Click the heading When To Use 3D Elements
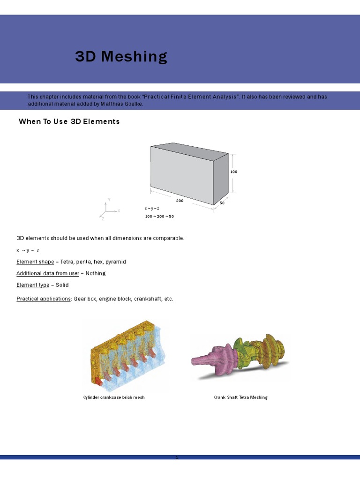click(x=69, y=121)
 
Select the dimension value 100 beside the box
click(x=234, y=172)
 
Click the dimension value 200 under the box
click(x=180, y=200)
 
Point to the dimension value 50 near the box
click(x=222, y=203)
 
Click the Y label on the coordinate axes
click(x=109, y=200)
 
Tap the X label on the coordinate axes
click(x=119, y=211)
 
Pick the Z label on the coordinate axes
click(x=103, y=219)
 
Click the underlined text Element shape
click(x=35, y=262)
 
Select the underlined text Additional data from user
click(x=48, y=273)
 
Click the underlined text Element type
click(x=33, y=285)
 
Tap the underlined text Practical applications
click(x=44, y=299)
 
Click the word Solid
click(x=62, y=285)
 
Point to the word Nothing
click(x=96, y=273)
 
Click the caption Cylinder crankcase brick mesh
click(x=114, y=397)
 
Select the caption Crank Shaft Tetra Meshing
click(x=240, y=397)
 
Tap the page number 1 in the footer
click(x=177, y=457)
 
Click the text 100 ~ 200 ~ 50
click(x=159, y=216)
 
